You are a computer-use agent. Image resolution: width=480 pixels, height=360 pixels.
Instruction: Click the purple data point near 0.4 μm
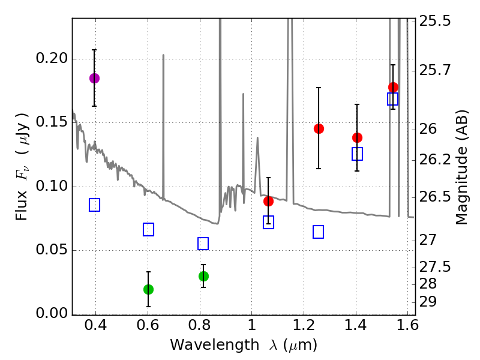point(94,78)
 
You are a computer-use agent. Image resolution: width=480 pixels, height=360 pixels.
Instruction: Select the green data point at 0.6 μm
point(149,289)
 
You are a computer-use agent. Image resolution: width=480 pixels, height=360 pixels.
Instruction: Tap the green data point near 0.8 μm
point(203,276)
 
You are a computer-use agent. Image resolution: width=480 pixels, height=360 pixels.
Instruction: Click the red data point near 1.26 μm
point(319,128)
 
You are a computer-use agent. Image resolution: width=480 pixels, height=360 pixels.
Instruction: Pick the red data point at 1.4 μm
point(357,137)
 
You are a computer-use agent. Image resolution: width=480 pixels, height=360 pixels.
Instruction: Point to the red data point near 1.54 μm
point(393,87)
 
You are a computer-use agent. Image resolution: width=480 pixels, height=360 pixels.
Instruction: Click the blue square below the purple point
point(94,205)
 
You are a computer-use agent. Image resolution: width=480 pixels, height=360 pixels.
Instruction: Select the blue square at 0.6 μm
point(149,229)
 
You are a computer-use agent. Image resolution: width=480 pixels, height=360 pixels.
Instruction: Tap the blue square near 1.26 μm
point(319,232)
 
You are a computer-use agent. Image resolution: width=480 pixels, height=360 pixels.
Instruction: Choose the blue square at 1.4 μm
point(357,154)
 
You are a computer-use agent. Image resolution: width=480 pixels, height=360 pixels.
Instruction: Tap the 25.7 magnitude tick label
point(437,71)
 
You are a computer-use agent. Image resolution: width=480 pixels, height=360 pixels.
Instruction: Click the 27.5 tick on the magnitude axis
point(437,267)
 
